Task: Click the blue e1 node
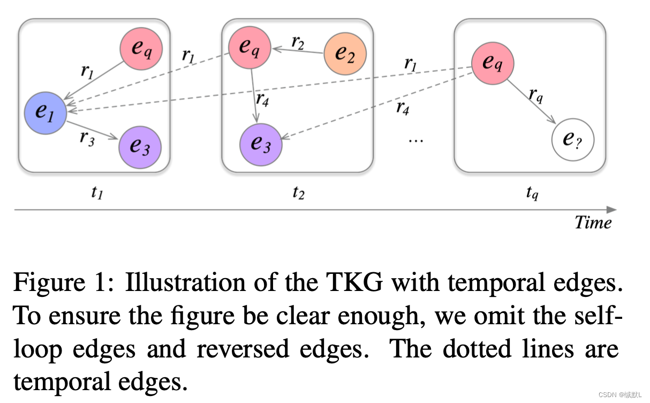pyautogui.click(x=46, y=113)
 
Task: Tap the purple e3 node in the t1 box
pyautogui.click(x=140, y=146)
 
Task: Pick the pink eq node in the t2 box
pyautogui.click(x=250, y=47)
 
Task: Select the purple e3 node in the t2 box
pyautogui.click(x=261, y=144)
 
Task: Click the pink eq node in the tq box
pyautogui.click(x=492, y=63)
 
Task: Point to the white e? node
pyautogui.click(x=573, y=140)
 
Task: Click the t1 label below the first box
pyautogui.click(x=96, y=193)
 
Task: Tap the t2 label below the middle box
pyautogui.click(x=298, y=193)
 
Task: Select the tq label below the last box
pyautogui.click(x=531, y=193)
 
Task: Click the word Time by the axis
pyautogui.click(x=593, y=222)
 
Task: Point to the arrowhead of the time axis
pyautogui.click(x=612, y=210)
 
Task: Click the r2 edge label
pyautogui.click(x=298, y=41)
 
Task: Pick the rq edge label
pyautogui.click(x=536, y=95)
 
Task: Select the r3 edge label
pyautogui.click(x=87, y=137)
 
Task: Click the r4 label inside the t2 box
pyautogui.click(x=263, y=99)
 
